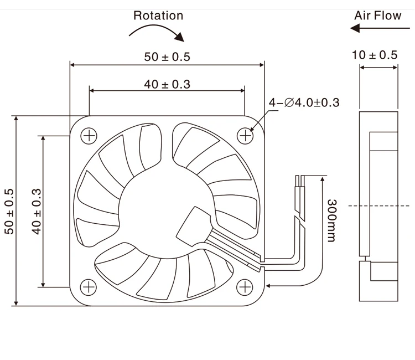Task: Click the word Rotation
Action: coord(158,15)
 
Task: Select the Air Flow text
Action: coord(377,15)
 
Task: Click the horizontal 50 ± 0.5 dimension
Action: coord(167,56)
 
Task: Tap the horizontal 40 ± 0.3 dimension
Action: coord(167,84)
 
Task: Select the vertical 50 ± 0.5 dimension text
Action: coord(10,211)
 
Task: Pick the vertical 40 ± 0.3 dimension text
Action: coord(37,211)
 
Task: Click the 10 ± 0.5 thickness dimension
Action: coord(375,55)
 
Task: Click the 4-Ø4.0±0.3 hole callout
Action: coord(304,102)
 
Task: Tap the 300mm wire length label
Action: coord(331,220)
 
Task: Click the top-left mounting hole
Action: coord(88,135)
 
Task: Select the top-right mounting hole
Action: coord(245,135)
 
